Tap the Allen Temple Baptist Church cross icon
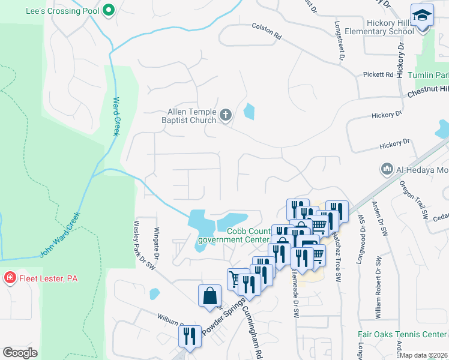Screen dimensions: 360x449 click(226, 115)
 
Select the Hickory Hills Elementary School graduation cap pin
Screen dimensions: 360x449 click(422, 14)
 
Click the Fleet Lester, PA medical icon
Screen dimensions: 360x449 click(10, 278)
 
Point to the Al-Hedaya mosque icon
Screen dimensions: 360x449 click(387, 170)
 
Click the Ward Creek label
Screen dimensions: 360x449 click(117, 116)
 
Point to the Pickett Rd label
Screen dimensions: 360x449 click(377, 75)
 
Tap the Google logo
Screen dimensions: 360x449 click(20, 353)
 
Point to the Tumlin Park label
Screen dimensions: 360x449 click(428, 75)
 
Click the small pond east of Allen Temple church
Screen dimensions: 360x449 click(249, 111)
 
